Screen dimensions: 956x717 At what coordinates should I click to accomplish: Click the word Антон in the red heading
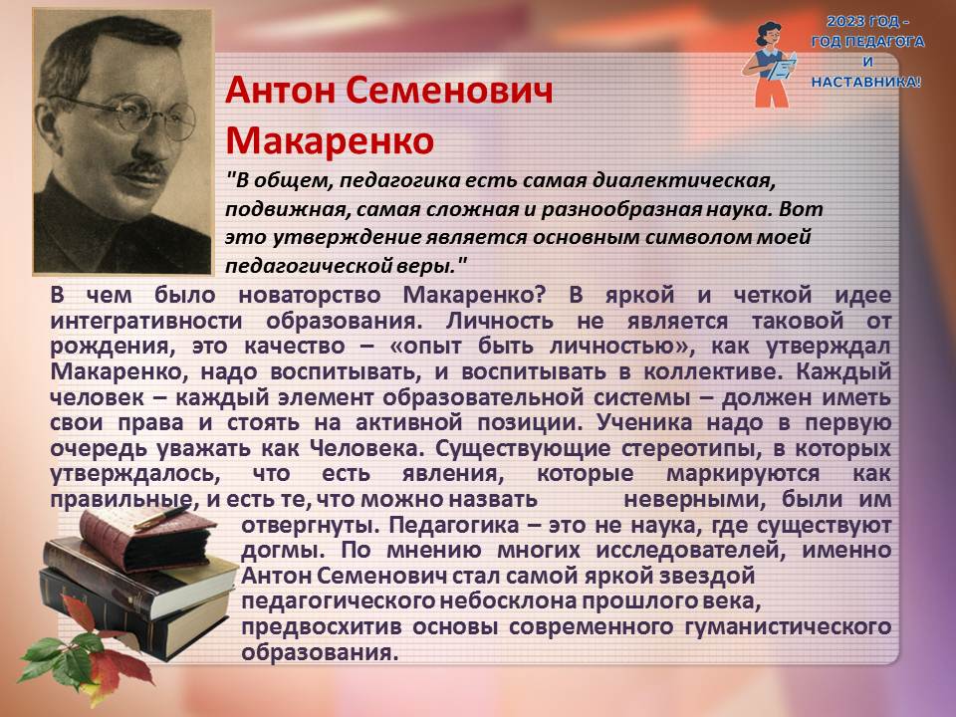tap(281, 91)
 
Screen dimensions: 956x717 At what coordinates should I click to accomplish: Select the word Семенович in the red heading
tap(449, 91)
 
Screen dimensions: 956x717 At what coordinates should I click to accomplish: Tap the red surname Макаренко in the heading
tap(330, 140)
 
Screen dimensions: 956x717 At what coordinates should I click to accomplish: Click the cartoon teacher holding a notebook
tap(770, 64)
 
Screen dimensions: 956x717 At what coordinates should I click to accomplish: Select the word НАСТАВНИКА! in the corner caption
tap(866, 82)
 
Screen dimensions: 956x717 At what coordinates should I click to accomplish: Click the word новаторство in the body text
tap(310, 295)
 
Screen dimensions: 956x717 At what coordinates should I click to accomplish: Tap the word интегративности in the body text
tap(146, 322)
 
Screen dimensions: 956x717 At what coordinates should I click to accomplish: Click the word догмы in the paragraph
tap(283, 551)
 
